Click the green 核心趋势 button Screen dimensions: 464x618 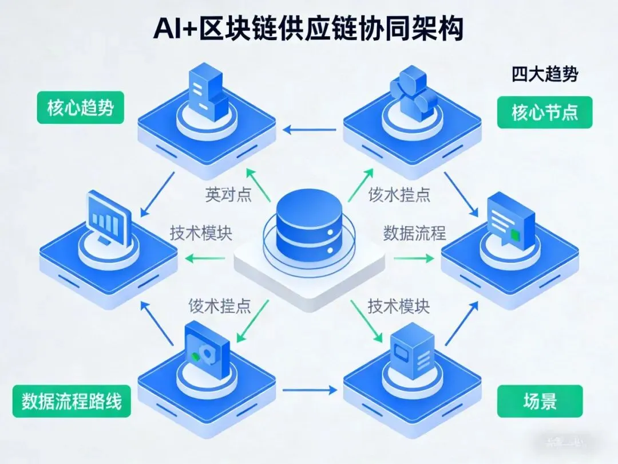80,108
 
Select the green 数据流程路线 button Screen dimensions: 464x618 72,401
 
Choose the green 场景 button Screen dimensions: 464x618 540,401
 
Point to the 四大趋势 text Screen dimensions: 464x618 545,74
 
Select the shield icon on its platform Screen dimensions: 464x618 206,349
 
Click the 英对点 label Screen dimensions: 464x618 228,195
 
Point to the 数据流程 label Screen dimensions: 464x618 414,233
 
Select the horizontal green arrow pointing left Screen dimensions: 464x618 205,259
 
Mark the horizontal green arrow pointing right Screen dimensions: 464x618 414,258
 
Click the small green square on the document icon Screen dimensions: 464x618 517,234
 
